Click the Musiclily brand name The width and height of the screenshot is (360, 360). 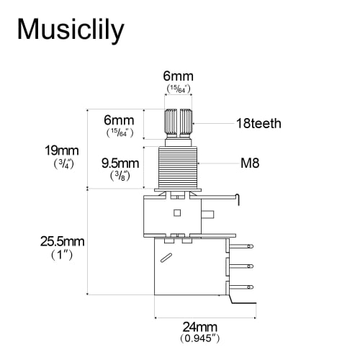pyautogui.click(x=70, y=30)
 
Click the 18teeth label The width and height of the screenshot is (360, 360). pyautogui.click(x=258, y=124)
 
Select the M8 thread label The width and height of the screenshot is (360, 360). pyautogui.click(x=249, y=163)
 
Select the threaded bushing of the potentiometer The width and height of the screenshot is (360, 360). pyautogui.click(x=178, y=166)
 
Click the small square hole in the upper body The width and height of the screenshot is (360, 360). pyautogui.click(x=178, y=212)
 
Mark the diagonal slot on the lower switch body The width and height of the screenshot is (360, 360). pyautogui.click(x=166, y=258)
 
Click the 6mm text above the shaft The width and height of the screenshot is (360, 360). pyautogui.click(x=178, y=76)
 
